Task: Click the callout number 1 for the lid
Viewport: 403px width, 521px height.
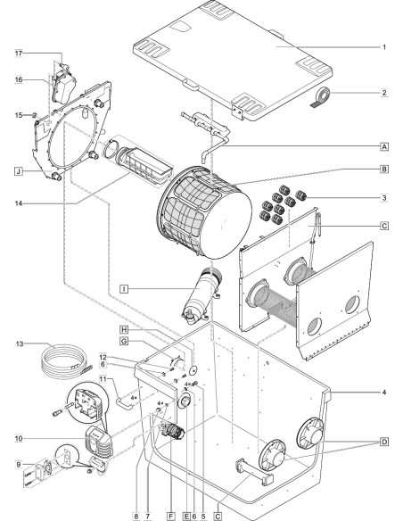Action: pyautogui.click(x=384, y=47)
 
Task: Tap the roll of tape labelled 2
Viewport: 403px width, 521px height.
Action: pyautogui.click(x=321, y=97)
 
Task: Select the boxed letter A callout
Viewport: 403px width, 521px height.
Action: pyautogui.click(x=384, y=146)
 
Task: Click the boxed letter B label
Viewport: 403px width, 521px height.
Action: pyautogui.click(x=384, y=170)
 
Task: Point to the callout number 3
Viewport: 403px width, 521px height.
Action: pyautogui.click(x=384, y=198)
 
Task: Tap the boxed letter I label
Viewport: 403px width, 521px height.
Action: pyautogui.click(x=124, y=289)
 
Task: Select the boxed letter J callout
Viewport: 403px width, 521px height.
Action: pyautogui.click(x=19, y=171)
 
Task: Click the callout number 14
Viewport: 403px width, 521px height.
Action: pyautogui.click(x=19, y=203)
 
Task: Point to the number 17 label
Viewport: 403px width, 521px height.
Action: pyautogui.click(x=19, y=54)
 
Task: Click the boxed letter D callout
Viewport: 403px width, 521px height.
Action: pyautogui.click(x=384, y=442)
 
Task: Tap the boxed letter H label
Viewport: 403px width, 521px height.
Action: pyautogui.click(x=124, y=329)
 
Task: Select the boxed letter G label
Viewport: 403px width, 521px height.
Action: pyautogui.click(x=124, y=342)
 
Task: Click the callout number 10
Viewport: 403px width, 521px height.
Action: pyautogui.click(x=19, y=439)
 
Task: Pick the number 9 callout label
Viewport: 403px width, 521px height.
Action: pyautogui.click(x=19, y=465)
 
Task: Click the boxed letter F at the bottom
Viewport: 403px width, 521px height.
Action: pyautogui.click(x=171, y=516)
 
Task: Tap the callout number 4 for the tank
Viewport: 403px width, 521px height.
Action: pyautogui.click(x=384, y=393)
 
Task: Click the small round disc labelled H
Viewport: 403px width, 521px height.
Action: pyautogui.click(x=193, y=369)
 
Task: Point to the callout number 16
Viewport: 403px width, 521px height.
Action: pyautogui.click(x=19, y=79)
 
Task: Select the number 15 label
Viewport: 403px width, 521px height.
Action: pyautogui.click(x=19, y=115)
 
